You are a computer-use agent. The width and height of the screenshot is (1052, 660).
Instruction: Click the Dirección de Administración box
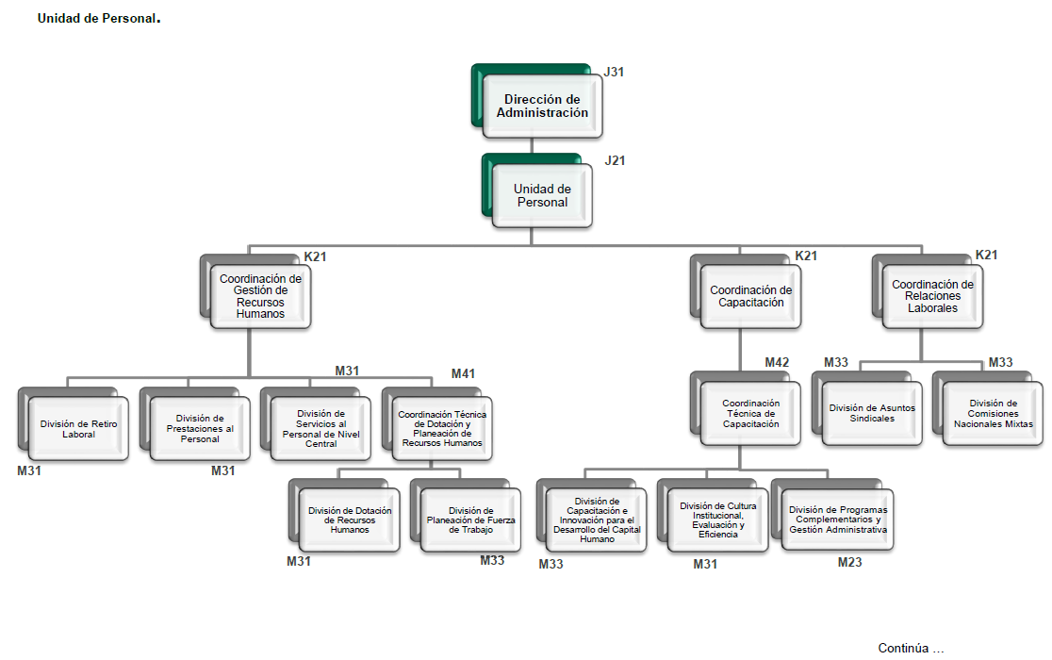coord(542,106)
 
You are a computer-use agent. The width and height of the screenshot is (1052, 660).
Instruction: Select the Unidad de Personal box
coord(542,195)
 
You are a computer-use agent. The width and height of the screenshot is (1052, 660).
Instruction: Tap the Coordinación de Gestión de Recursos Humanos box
coord(260,296)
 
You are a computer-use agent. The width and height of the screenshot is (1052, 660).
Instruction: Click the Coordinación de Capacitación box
coord(750,296)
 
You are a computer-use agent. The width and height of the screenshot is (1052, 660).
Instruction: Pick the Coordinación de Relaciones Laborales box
coord(932,296)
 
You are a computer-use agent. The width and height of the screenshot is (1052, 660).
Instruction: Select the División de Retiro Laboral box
coord(78,429)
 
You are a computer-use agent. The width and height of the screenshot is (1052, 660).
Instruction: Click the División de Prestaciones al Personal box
coord(199,429)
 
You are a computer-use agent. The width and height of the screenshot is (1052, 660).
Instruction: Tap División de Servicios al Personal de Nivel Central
coord(321,428)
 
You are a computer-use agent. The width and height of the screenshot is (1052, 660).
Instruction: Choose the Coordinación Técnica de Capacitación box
coord(750,413)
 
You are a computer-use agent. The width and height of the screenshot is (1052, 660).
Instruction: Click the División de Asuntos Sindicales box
coord(872,413)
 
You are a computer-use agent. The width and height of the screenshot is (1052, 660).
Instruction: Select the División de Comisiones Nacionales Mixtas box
coord(993,413)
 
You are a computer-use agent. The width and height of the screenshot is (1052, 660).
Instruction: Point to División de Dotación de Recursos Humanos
coord(350,520)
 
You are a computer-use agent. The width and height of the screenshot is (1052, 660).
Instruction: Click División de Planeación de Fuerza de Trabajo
coord(470,520)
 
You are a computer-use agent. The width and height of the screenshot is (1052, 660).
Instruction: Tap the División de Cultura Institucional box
coord(717,520)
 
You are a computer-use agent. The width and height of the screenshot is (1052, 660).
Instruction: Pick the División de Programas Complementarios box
coord(838,520)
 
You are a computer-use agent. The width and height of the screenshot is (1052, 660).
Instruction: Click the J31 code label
coord(615,72)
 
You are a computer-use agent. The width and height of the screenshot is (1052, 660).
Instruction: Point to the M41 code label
coord(463,374)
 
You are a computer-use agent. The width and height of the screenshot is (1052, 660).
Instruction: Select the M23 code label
coord(849,563)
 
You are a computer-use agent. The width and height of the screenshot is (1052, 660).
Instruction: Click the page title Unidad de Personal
coord(96,18)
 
